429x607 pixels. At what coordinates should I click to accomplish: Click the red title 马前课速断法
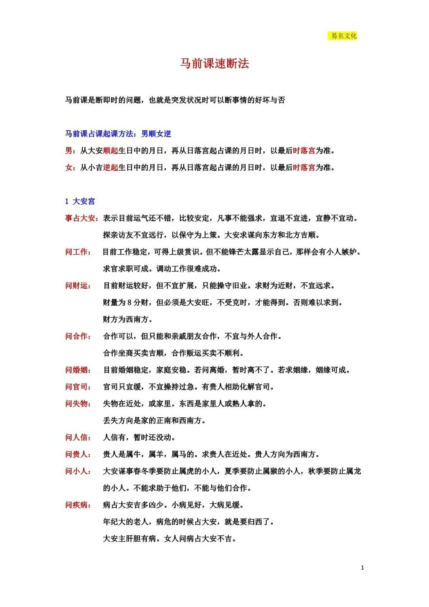(214, 64)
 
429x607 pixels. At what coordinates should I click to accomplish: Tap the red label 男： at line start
(70, 150)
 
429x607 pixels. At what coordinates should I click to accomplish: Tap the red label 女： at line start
(70, 167)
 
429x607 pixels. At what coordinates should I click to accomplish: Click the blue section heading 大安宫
(83, 201)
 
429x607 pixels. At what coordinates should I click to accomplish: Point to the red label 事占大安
(80, 218)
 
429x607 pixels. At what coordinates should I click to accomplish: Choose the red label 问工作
(77, 252)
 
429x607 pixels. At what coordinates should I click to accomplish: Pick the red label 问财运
(77, 285)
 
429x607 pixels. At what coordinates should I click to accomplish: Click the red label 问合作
(77, 336)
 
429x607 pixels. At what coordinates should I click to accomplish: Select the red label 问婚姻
(77, 370)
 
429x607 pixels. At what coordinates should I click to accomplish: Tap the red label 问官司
(77, 387)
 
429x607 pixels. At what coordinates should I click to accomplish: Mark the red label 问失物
(77, 403)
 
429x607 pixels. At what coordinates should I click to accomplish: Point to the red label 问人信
(77, 437)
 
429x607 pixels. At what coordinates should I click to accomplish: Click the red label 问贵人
(77, 454)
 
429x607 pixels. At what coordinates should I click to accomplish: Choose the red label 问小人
(77, 471)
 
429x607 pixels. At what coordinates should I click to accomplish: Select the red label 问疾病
(77, 505)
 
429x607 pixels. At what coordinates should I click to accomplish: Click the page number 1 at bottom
(362, 568)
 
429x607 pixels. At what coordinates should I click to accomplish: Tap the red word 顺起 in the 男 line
(110, 150)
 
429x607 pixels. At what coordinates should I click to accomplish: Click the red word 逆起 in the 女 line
(110, 167)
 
